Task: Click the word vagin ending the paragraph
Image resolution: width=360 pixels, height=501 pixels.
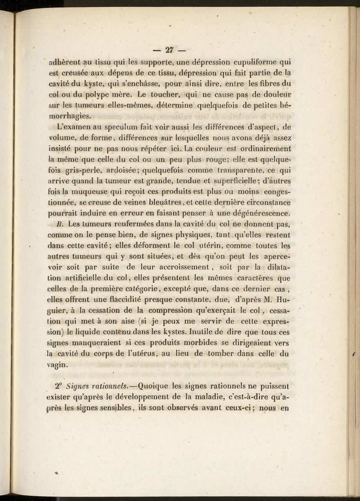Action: coord(58,365)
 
